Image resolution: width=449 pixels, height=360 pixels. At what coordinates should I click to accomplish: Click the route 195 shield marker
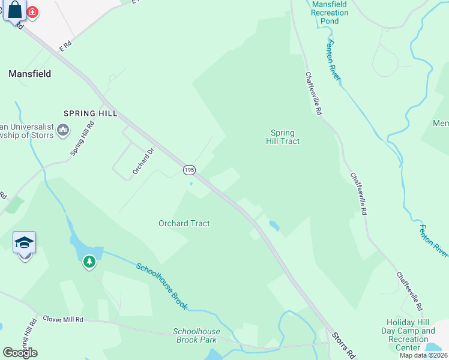point(189,170)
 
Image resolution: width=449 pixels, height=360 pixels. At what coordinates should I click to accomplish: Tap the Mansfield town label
point(29,74)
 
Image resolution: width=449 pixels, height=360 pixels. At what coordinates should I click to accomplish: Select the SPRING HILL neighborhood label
point(91,113)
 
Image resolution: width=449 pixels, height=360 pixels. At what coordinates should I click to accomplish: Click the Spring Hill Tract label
point(283,137)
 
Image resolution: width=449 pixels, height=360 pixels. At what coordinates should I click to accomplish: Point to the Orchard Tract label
point(184,223)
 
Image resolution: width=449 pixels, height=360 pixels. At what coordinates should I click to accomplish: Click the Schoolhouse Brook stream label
point(161,287)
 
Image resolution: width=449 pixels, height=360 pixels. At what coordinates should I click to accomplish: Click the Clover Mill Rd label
point(62,319)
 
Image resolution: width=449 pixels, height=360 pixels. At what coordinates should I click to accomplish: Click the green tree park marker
point(89,261)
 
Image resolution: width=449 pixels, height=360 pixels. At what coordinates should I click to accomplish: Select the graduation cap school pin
point(25,243)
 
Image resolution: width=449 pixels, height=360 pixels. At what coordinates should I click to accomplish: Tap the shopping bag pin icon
point(15,11)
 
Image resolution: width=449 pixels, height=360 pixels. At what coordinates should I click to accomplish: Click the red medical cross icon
point(32,11)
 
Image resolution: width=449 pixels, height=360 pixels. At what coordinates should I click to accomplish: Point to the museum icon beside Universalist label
point(64,129)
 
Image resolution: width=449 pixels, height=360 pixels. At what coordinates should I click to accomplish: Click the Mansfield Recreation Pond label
point(330,12)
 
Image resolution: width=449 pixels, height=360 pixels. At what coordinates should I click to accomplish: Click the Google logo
point(20,352)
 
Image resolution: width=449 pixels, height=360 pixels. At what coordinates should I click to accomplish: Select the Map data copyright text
point(424,355)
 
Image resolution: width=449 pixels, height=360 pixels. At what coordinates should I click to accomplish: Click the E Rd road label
point(64,44)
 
